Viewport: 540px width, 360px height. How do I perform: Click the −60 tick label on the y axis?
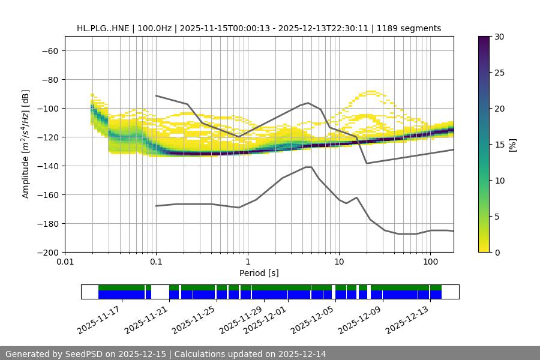(49, 51)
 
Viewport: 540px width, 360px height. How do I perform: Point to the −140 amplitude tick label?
(47, 166)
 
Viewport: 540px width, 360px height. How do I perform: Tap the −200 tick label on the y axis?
(47, 253)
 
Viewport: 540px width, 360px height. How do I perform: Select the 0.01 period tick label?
(65, 262)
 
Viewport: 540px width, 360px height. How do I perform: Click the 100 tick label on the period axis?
(430, 262)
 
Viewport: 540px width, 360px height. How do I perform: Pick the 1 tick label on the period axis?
(247, 262)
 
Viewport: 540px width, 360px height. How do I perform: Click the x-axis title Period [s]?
(259, 273)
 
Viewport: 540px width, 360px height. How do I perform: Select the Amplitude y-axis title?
(26, 144)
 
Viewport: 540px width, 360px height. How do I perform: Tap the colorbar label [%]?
(512, 145)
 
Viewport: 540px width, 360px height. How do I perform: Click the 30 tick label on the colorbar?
(499, 37)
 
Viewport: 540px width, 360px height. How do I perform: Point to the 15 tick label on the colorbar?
(499, 145)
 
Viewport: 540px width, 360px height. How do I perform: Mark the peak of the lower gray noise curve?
(308, 167)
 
